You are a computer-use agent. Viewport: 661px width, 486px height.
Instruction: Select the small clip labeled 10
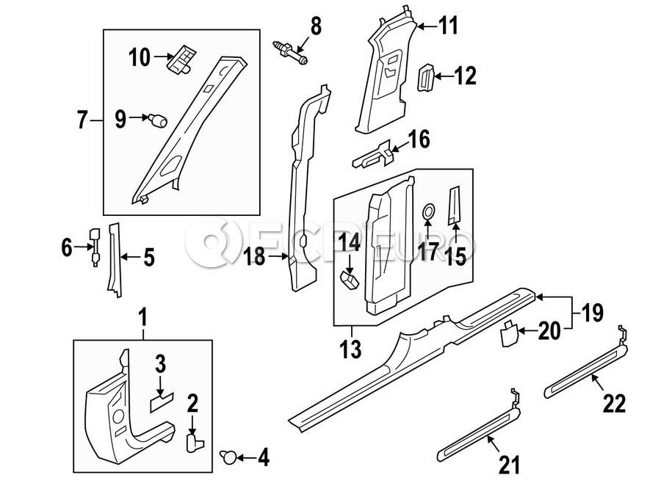pos(181,59)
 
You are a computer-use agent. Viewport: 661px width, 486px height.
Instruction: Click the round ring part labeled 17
pos(427,213)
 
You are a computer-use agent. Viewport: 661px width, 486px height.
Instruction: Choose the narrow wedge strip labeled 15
pos(455,203)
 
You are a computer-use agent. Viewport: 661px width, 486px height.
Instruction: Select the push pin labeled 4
pos(229,458)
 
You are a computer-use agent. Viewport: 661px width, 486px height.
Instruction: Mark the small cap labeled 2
pos(194,440)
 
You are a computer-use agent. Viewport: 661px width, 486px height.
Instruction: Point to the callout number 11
pos(448,27)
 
